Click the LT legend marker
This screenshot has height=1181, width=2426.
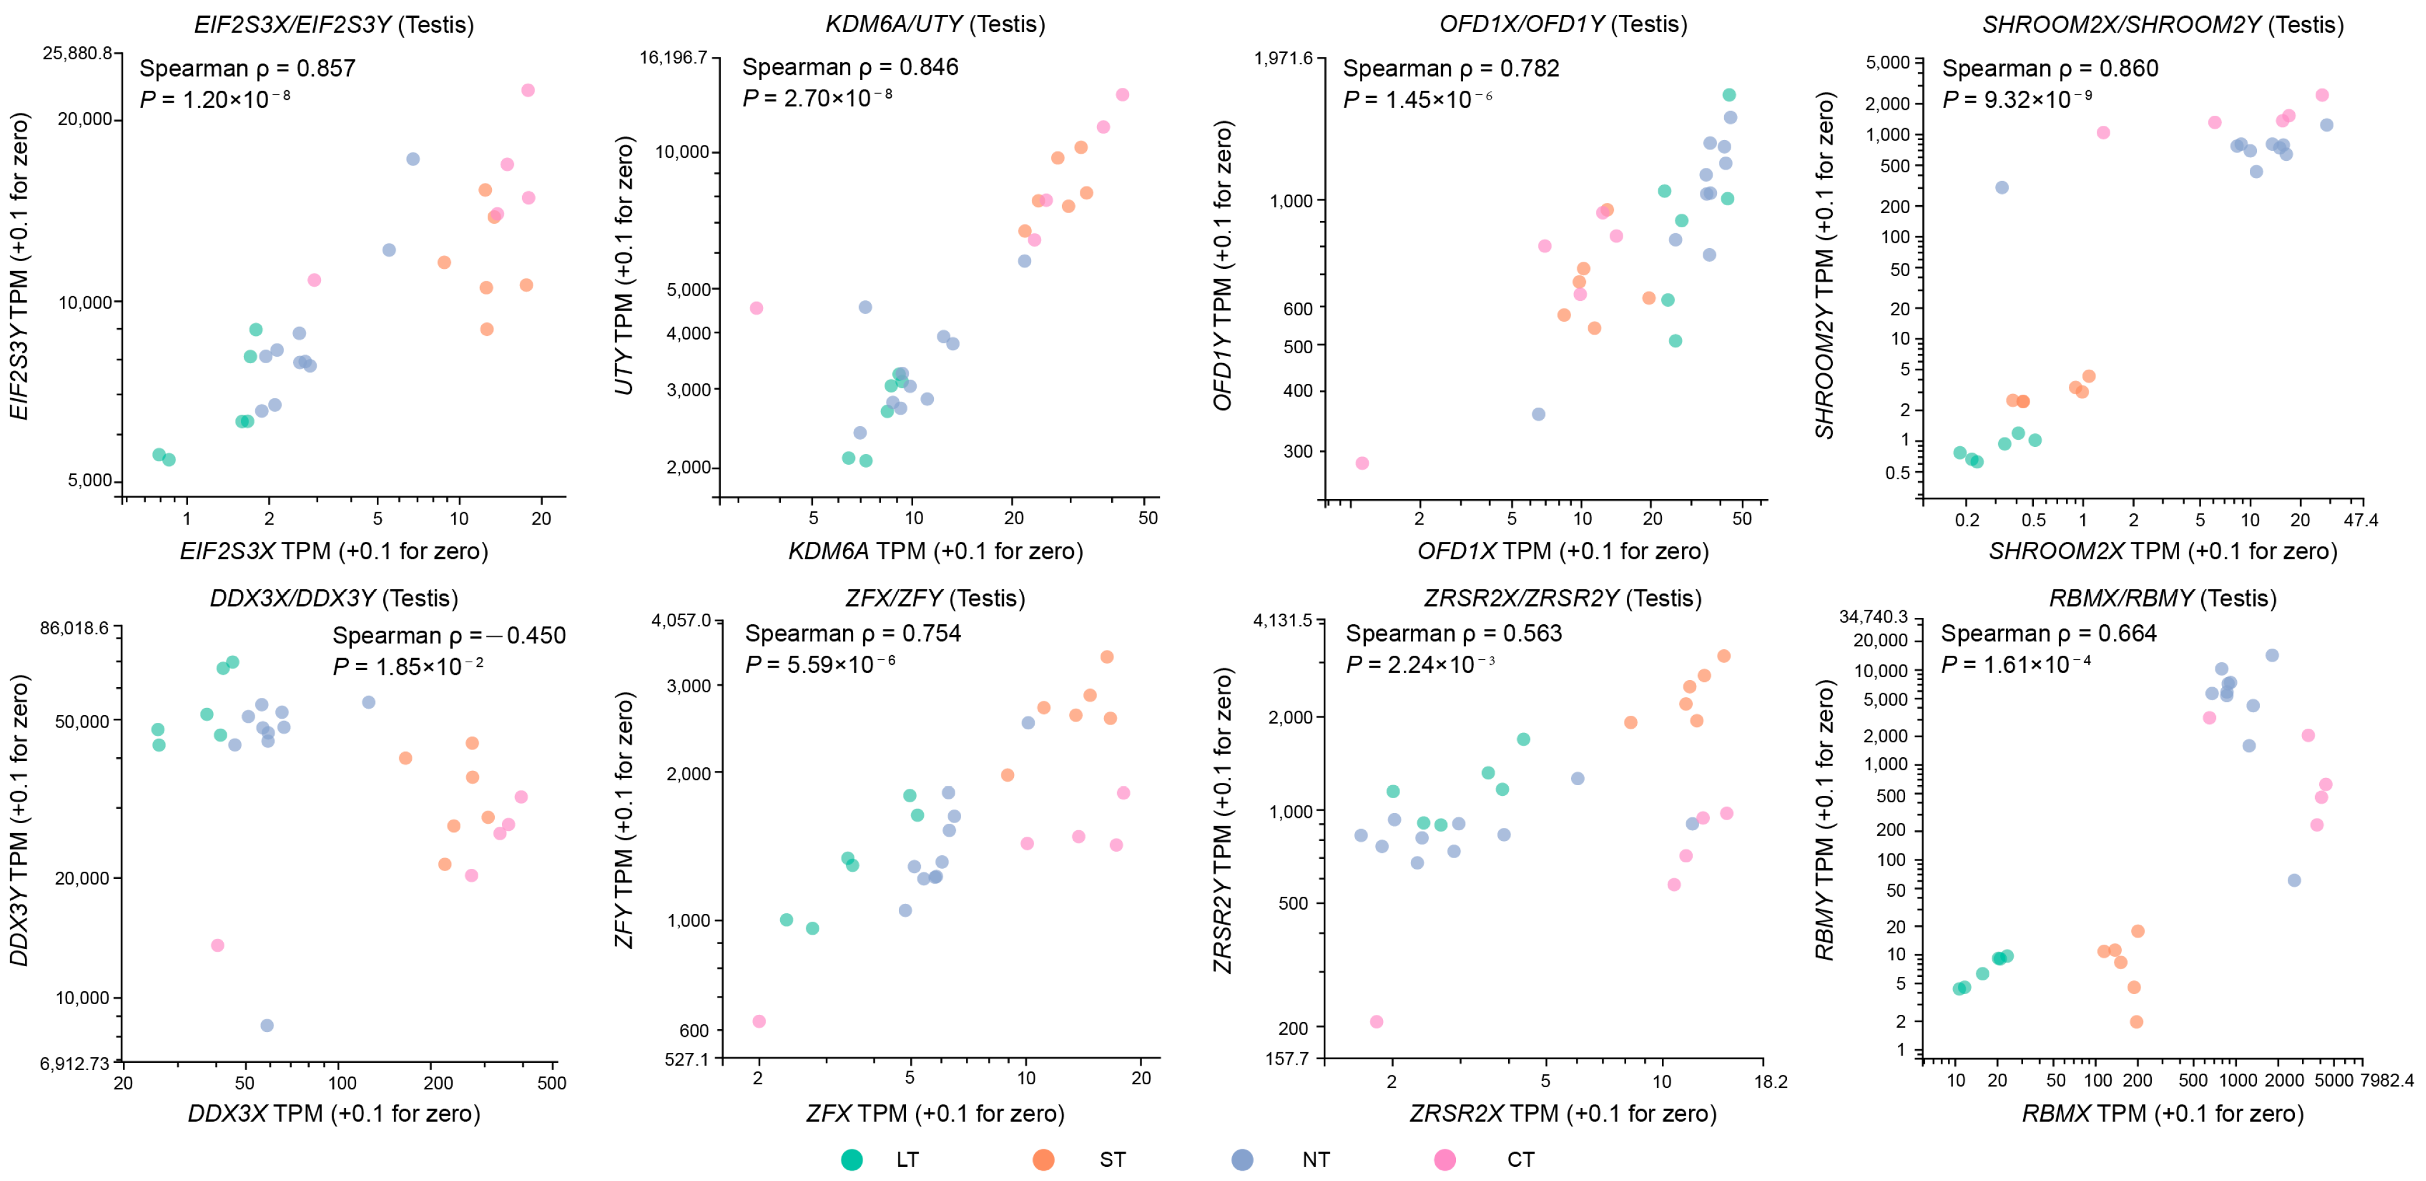pyautogui.click(x=851, y=1160)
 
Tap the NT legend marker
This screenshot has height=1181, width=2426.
pyautogui.click(x=1242, y=1160)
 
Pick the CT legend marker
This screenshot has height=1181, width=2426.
pyautogui.click(x=1443, y=1160)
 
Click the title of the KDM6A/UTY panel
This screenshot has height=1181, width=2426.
pyautogui.click(x=935, y=24)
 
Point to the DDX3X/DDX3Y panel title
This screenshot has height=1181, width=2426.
pyautogui.click(x=333, y=598)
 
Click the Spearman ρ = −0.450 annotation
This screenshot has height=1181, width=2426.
pyautogui.click(x=449, y=635)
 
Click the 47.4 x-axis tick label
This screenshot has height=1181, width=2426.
pyautogui.click(x=2361, y=520)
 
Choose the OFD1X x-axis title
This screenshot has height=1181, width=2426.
pyautogui.click(x=1563, y=551)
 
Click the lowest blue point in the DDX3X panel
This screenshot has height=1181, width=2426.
pyautogui.click(x=266, y=1026)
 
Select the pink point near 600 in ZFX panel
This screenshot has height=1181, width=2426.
pyautogui.click(x=759, y=1021)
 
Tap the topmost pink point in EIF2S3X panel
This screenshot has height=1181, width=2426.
pyautogui.click(x=527, y=90)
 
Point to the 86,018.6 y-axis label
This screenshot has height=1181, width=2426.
pyautogui.click(x=74, y=627)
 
